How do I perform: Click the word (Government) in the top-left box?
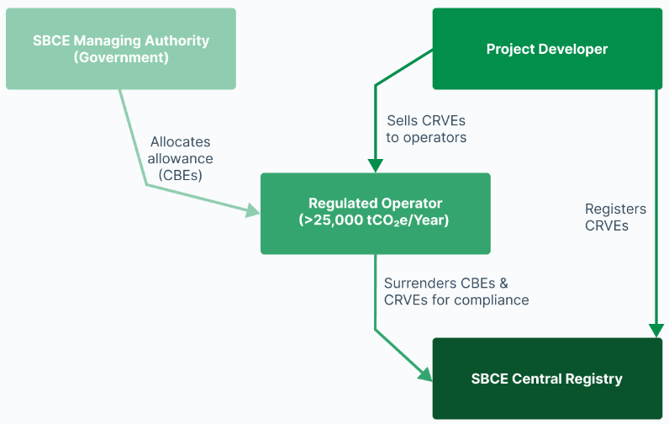(121, 58)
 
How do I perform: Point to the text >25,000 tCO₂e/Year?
(375, 221)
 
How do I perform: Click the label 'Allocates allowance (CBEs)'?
(180, 158)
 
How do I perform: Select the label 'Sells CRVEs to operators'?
(426, 129)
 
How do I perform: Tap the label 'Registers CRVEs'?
(615, 217)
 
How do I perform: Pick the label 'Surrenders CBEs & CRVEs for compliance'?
(456, 291)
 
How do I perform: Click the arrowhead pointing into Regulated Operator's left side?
(253, 211)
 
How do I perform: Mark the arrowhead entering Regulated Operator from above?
(375, 165)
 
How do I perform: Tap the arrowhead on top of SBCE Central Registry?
(656, 330)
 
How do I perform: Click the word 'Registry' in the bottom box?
(593, 379)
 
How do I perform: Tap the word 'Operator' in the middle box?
(410, 204)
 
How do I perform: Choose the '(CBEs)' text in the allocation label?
(181, 176)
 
